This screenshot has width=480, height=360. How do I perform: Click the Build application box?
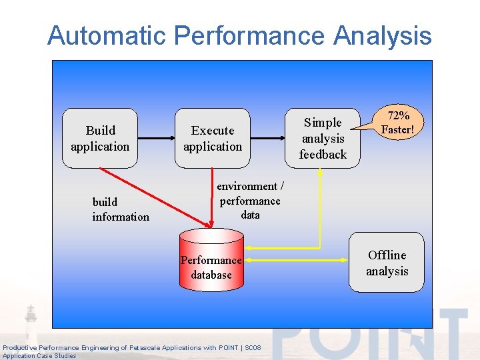coord(101,138)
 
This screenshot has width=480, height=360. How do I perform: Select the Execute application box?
coord(213,138)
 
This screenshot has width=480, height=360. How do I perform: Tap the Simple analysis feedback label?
coord(323,139)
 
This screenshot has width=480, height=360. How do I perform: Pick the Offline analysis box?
coord(387,263)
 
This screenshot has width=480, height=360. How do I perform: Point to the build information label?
coord(121,209)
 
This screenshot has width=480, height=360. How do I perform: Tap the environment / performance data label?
coord(250,201)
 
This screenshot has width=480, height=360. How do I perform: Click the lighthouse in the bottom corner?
coord(31,320)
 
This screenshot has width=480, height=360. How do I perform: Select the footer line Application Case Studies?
coord(39,356)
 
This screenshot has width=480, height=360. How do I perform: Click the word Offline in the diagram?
coord(387,255)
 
